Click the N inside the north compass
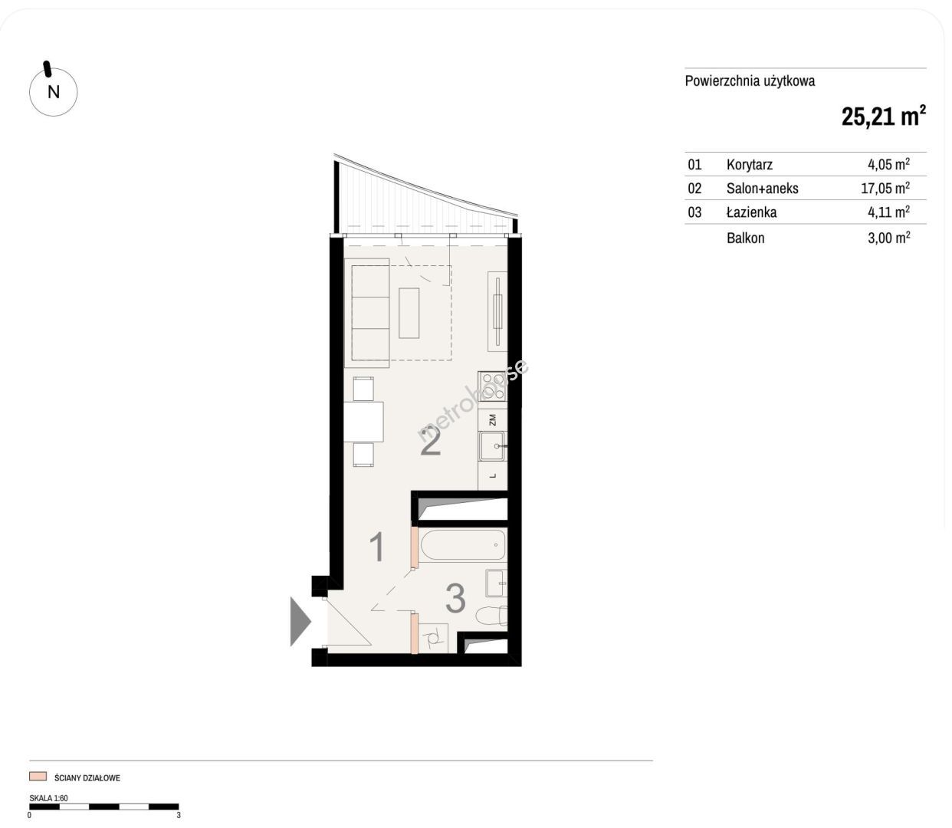point(54,92)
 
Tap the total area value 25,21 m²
point(883,116)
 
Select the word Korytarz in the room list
point(750,165)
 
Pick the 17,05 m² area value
point(885,188)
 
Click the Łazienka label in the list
point(751,212)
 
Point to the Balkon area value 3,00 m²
point(888,238)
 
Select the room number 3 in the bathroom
point(455,599)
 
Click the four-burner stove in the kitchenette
point(493,386)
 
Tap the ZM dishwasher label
point(492,420)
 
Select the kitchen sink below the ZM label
point(493,446)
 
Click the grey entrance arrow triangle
point(300,621)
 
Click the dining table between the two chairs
point(364,422)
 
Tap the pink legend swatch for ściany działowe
point(38,776)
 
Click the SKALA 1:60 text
point(48,798)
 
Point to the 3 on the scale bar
point(179,815)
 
